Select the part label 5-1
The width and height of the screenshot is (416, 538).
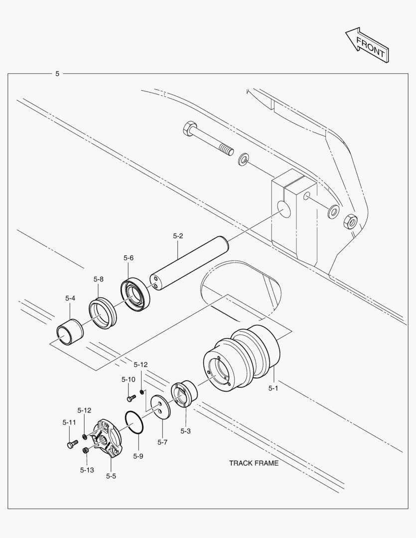(273, 388)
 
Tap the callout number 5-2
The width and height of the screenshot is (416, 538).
(178, 236)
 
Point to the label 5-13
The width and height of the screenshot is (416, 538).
(87, 469)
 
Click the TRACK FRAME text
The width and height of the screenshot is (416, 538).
(254, 463)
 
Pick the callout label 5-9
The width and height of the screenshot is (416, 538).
(138, 455)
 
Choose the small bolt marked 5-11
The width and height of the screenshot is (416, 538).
(72, 443)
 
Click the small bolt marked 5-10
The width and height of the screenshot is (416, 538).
(131, 398)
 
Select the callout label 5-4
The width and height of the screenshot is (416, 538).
(70, 298)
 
